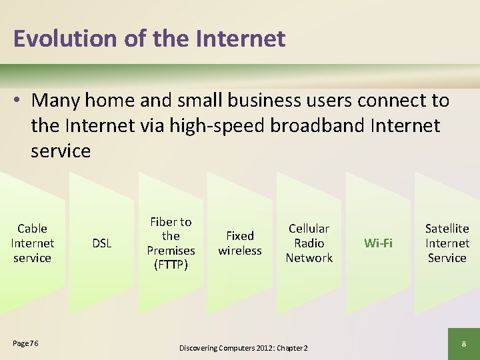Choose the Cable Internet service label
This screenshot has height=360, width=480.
coord(32,243)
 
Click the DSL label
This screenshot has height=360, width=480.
coord(101,243)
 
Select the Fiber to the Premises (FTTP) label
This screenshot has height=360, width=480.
coord(171,243)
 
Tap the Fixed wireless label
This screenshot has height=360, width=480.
coord(240,243)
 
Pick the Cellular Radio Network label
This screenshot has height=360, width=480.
coord(309,243)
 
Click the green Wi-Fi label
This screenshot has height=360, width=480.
coord(378,243)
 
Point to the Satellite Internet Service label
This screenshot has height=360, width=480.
coord(447,243)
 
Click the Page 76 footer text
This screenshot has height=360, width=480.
coord(25,343)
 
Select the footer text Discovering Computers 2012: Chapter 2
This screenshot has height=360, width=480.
coord(243,347)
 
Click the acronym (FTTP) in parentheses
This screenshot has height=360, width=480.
coord(171,265)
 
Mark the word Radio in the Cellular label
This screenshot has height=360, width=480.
coord(309,243)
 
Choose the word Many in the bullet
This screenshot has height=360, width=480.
coord(55,101)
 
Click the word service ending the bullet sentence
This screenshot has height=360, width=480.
coord(61,151)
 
